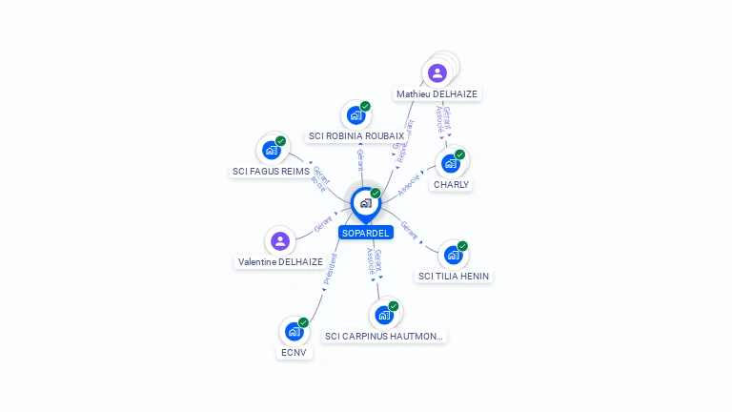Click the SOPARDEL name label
click(x=365, y=233)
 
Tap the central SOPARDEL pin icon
click(x=365, y=203)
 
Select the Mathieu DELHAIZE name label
click(x=437, y=94)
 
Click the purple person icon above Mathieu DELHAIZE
click(x=437, y=72)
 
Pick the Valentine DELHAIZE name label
click(x=280, y=262)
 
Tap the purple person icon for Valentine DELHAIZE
click(x=280, y=240)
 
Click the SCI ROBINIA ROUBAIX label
click(x=356, y=136)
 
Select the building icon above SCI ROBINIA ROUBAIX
click(x=356, y=115)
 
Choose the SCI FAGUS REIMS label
click(x=271, y=172)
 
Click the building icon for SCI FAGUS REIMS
click(x=271, y=150)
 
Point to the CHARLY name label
click(x=451, y=185)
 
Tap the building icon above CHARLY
click(x=451, y=163)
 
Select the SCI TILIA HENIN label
click(x=454, y=277)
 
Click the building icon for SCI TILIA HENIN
click(x=454, y=255)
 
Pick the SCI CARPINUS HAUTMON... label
click(x=384, y=336)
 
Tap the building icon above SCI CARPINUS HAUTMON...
click(x=384, y=314)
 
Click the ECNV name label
click(x=294, y=353)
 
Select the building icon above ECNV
click(x=294, y=331)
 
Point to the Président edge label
click(x=330, y=270)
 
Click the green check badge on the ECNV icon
click(x=303, y=322)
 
